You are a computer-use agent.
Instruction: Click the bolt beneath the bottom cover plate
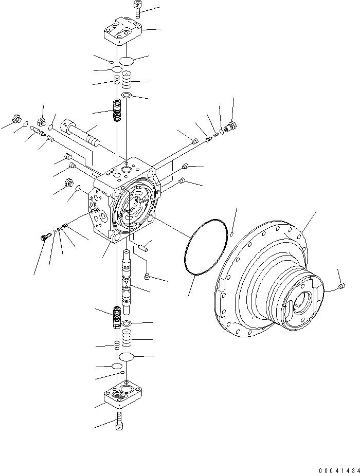120,421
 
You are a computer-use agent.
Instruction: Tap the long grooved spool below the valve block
127,280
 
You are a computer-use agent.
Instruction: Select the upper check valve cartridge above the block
117,110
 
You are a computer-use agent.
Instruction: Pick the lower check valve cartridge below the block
116,317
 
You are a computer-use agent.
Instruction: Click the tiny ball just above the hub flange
232,233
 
